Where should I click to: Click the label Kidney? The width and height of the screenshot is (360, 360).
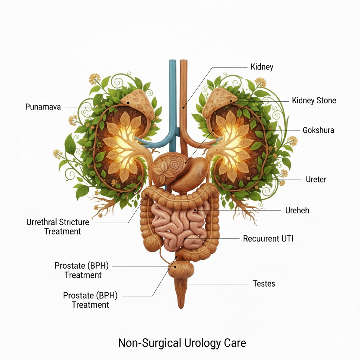(x=262, y=67)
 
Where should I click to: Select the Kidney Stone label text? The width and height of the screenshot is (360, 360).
(x=314, y=101)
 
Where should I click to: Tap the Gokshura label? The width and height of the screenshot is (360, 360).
(x=318, y=130)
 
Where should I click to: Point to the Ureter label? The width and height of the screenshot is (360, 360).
(x=316, y=180)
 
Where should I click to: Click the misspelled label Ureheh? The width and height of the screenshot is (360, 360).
(x=297, y=211)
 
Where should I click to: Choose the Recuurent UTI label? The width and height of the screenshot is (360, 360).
(x=268, y=239)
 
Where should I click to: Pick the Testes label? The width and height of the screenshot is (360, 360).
(x=264, y=283)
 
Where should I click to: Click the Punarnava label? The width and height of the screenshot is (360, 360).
(x=43, y=107)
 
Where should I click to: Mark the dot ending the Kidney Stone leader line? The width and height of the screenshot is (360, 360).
(x=231, y=101)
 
